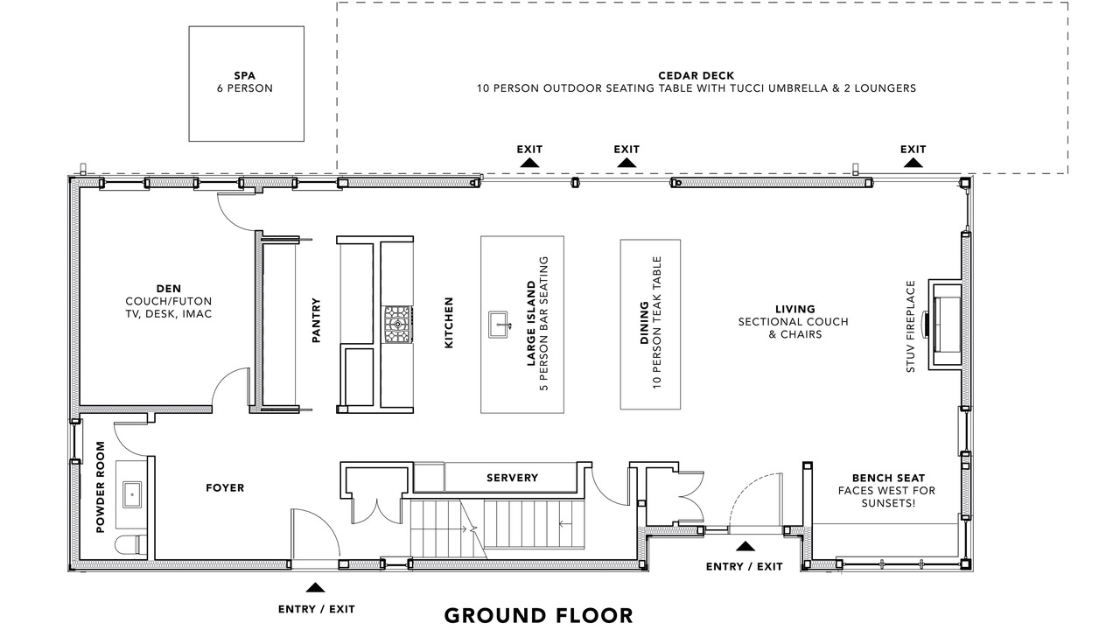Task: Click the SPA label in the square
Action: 245,76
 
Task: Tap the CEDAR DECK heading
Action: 696,76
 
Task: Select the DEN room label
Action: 169,289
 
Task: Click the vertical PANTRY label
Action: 316,320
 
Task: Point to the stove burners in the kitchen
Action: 398,325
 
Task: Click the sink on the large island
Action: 499,325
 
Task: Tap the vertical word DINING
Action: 645,323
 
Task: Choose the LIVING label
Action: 795,309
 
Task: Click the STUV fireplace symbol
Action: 944,324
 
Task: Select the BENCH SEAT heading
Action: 888,478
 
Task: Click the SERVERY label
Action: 513,478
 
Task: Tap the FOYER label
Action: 225,487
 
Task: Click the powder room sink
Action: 132,494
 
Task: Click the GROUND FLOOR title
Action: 538,615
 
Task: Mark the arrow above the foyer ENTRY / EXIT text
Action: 315,587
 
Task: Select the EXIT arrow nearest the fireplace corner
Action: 913,163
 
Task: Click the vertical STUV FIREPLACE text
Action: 911,326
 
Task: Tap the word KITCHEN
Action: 449,323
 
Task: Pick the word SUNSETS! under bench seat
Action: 888,503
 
